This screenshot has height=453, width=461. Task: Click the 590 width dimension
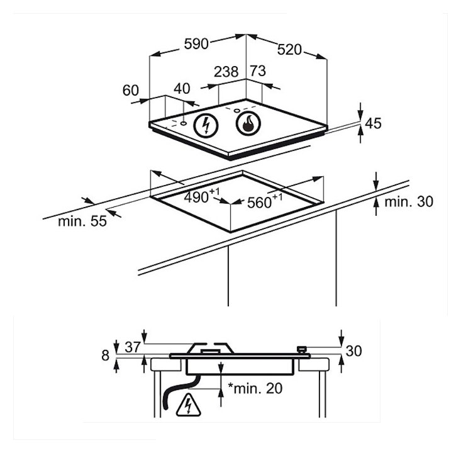point(196,44)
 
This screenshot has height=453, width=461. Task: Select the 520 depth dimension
point(289,50)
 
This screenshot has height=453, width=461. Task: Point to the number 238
point(226,72)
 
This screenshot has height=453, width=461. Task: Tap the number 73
point(258,71)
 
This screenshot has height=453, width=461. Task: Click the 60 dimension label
point(131,91)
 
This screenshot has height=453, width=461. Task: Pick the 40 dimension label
point(182,89)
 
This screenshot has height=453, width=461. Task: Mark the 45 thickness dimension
point(373,123)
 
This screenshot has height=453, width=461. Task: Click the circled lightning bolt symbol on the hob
point(206,125)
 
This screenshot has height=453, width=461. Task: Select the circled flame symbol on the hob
point(248,123)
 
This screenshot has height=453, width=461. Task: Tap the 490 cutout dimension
point(202,196)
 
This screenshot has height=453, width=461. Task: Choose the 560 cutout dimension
point(265,201)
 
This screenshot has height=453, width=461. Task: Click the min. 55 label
point(82,221)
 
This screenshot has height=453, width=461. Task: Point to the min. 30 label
point(409,202)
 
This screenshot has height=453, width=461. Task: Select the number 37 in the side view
point(133,347)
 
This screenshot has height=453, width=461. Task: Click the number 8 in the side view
point(105,355)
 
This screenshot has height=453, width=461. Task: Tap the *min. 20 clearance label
point(255,388)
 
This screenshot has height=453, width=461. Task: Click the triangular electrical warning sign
point(188,405)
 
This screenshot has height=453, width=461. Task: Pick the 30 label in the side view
point(353,351)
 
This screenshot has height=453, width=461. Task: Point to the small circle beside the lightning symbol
point(184,123)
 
